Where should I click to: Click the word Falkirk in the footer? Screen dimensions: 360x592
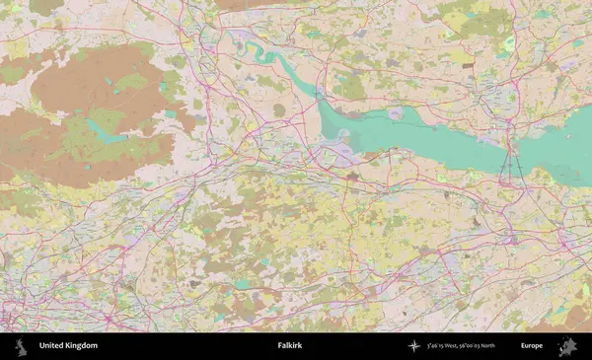pos(291,346)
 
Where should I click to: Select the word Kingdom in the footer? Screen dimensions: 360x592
pos(82,346)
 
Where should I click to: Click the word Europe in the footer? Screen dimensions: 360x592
pos(532,346)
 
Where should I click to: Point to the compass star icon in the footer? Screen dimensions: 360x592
pos(413,346)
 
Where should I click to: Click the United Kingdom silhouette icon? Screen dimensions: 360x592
pos(19,346)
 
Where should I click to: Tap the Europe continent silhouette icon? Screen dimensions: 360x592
pos(567,346)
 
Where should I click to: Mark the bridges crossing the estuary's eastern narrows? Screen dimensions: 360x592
pos(511,163)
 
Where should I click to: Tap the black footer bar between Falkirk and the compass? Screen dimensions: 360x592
pos(355,346)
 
